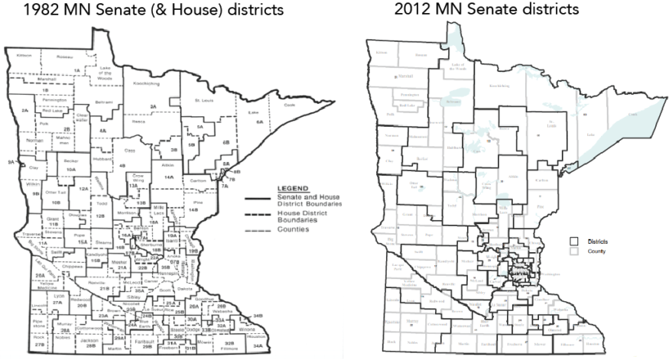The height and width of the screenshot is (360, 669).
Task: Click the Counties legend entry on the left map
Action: (x=294, y=229)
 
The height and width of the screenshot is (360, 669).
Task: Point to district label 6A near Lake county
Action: (x=259, y=122)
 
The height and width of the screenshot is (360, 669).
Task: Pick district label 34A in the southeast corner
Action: (x=258, y=346)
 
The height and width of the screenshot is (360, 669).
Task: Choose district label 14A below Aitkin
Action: (x=168, y=177)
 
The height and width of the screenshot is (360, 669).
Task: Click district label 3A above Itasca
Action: (x=153, y=106)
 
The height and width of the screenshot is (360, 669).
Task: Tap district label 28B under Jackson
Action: (x=91, y=346)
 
